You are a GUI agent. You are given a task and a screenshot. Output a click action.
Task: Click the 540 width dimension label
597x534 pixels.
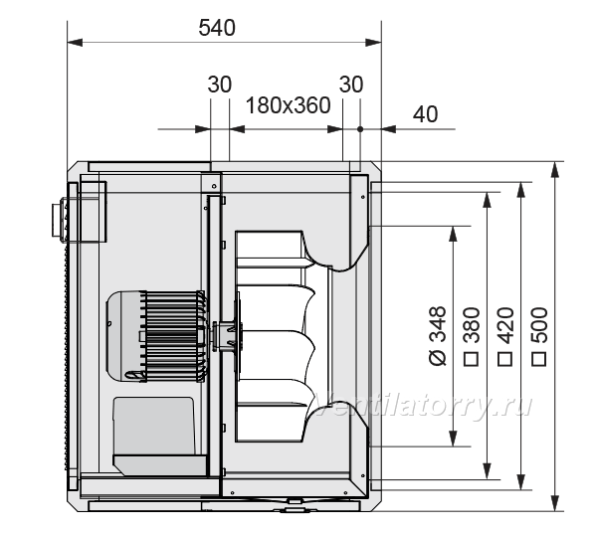point(217,28)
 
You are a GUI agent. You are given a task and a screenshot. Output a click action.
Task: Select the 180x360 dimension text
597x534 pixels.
point(289,105)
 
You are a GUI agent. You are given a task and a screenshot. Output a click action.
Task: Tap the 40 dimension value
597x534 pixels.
point(425,113)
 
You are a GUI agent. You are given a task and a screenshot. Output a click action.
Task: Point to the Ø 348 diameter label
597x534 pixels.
point(438,336)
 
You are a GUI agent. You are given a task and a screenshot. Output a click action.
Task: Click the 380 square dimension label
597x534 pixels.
point(472,336)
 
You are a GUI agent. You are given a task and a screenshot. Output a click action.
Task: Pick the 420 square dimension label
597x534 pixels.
point(505,336)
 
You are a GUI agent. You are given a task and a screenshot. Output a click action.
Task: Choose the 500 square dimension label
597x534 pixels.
point(539,336)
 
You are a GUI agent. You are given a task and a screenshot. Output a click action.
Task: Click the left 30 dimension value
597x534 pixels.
point(219,85)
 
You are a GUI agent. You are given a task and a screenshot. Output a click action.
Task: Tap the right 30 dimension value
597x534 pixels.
point(351,85)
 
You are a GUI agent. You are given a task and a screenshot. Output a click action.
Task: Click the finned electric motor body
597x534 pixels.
point(157,336)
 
